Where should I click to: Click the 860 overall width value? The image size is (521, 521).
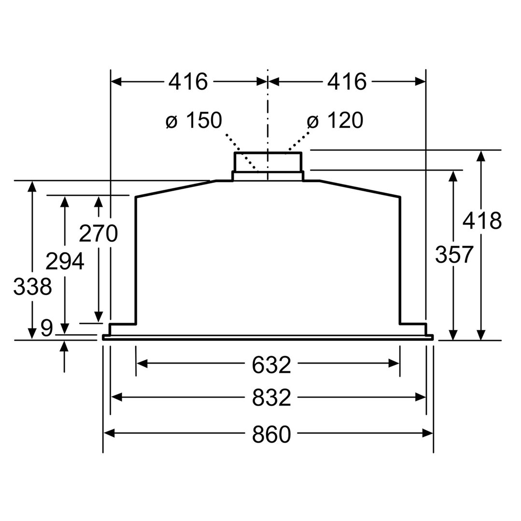pos(271,435)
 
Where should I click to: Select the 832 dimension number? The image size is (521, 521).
pos(271,398)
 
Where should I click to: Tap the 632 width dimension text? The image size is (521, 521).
pos(271,365)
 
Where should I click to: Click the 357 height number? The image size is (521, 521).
pos(453,254)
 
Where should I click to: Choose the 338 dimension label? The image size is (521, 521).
pos(32,287)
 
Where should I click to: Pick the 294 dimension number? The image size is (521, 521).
pos(65,261)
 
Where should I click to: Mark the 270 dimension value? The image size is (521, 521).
pos(98,234)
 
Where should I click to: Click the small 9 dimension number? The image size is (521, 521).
pos(46,329)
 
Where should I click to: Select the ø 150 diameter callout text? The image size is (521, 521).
pos(193,120)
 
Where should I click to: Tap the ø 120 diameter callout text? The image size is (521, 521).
pos(335,120)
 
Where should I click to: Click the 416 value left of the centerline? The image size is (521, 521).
pos(188,82)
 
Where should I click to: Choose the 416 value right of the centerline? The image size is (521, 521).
pos(347,82)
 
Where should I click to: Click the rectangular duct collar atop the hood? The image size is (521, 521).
pos(268,162)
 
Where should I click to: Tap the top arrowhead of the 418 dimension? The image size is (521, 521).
pos(480,155)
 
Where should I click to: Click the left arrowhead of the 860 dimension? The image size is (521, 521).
pos(109,434)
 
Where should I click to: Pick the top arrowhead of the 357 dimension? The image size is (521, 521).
pos(453,175)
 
